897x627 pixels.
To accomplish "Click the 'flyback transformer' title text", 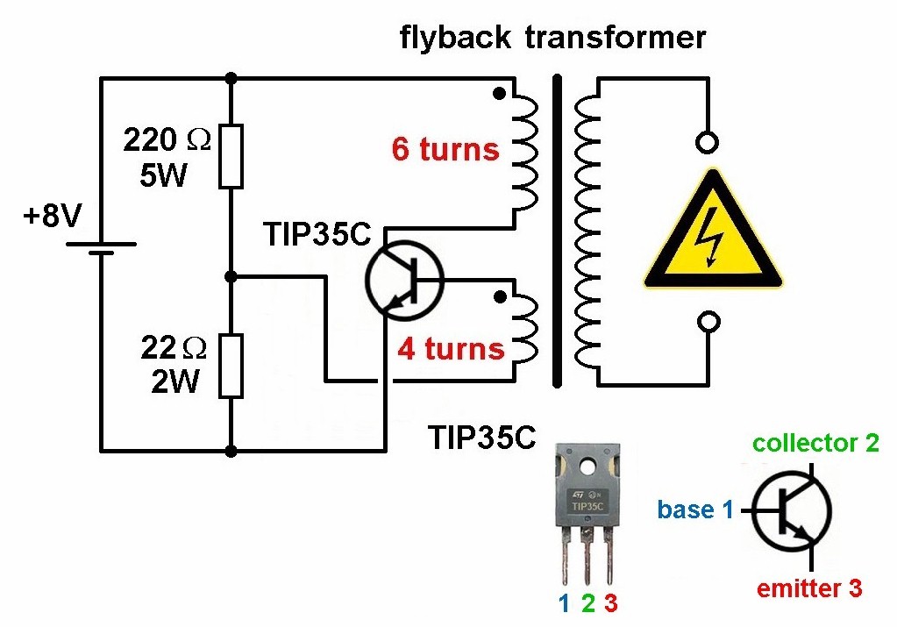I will pos(552,38).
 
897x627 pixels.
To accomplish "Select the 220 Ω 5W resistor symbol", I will pos(231,156).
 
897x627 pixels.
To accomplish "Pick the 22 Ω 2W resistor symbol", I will pos(231,365).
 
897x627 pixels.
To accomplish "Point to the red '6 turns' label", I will pos(445,149).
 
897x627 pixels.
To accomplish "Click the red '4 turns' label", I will pos(451,349).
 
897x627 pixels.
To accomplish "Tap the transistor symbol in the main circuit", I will pos(404,280).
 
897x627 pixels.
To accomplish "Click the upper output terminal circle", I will pos(707,142).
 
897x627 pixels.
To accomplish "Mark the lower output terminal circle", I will pos(707,323).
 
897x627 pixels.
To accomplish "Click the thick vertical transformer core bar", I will pos(556,231).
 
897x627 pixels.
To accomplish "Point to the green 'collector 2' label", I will pos(815,443).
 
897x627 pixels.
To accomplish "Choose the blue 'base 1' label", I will pos(694,509).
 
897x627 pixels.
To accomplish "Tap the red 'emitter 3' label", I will pos(808,588).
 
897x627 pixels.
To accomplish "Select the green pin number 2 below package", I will pos(587,603).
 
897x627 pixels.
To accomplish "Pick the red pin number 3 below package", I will pos(610,603).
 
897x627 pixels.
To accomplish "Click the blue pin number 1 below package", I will pos(565,603).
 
